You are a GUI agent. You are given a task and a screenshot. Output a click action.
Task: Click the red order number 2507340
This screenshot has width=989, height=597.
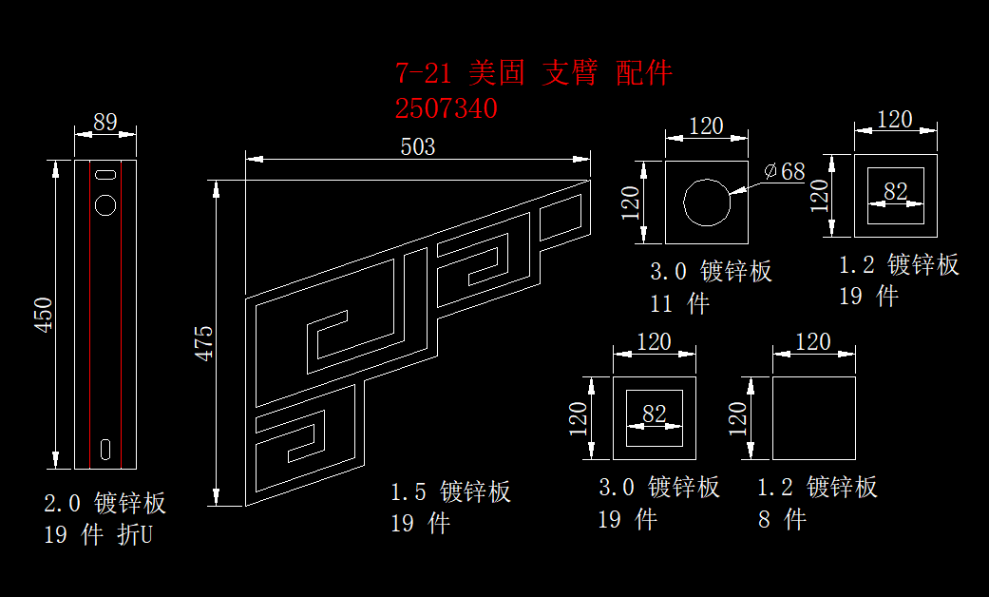446,108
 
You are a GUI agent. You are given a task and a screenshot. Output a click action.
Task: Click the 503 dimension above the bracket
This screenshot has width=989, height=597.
418,147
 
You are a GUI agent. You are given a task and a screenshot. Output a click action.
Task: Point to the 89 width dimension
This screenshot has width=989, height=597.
105,123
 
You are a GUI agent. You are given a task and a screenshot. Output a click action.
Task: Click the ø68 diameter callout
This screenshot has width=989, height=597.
785,172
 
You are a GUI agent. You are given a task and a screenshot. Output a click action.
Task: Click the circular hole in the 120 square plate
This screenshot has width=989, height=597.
706,202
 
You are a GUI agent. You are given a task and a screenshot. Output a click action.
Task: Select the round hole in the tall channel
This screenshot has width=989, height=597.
105,204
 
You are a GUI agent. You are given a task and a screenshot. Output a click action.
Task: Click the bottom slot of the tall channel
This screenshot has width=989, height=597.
105,447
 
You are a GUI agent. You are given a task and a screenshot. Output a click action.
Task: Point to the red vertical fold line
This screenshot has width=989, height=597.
90,314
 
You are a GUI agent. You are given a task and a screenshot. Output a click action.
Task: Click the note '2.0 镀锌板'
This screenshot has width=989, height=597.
105,503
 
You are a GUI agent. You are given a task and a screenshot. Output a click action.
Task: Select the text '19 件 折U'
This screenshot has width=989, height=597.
98,535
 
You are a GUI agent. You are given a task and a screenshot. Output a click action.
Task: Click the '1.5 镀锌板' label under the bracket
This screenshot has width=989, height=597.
451,491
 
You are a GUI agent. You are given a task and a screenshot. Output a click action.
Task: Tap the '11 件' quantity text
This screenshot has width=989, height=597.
679,304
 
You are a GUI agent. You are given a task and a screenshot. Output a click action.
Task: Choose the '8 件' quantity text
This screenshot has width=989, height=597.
782,519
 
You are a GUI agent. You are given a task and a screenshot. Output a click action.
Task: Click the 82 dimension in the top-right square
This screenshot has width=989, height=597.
896,192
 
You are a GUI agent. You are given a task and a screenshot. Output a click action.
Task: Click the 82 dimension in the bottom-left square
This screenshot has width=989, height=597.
655,414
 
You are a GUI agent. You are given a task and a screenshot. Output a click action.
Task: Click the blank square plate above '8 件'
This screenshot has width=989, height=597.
813,418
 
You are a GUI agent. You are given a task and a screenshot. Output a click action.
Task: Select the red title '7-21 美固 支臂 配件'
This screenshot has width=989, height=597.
534,73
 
